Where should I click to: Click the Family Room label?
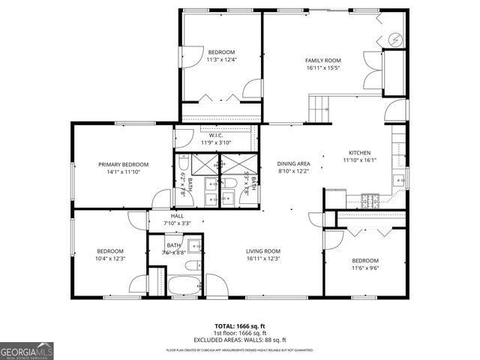pyautogui.click(x=322, y=60)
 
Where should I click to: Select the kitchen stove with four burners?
pyautogui.click(x=370, y=200)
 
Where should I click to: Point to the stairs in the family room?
pyautogui.click(x=320, y=109)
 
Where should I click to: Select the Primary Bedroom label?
pyautogui.click(x=124, y=164)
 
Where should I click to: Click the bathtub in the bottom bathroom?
pyautogui.click(x=184, y=286)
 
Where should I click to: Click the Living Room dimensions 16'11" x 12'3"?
pyautogui.click(x=263, y=259)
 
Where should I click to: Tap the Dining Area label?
pyautogui.click(x=294, y=163)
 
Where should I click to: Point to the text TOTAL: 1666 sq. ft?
pyautogui.click(x=240, y=326)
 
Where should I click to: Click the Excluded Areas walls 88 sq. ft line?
pyautogui.click(x=240, y=339)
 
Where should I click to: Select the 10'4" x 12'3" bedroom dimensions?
pyautogui.click(x=109, y=259)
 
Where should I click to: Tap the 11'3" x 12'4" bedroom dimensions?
pyautogui.click(x=221, y=60)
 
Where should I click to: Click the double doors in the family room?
pyautogui.click(x=371, y=72)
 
